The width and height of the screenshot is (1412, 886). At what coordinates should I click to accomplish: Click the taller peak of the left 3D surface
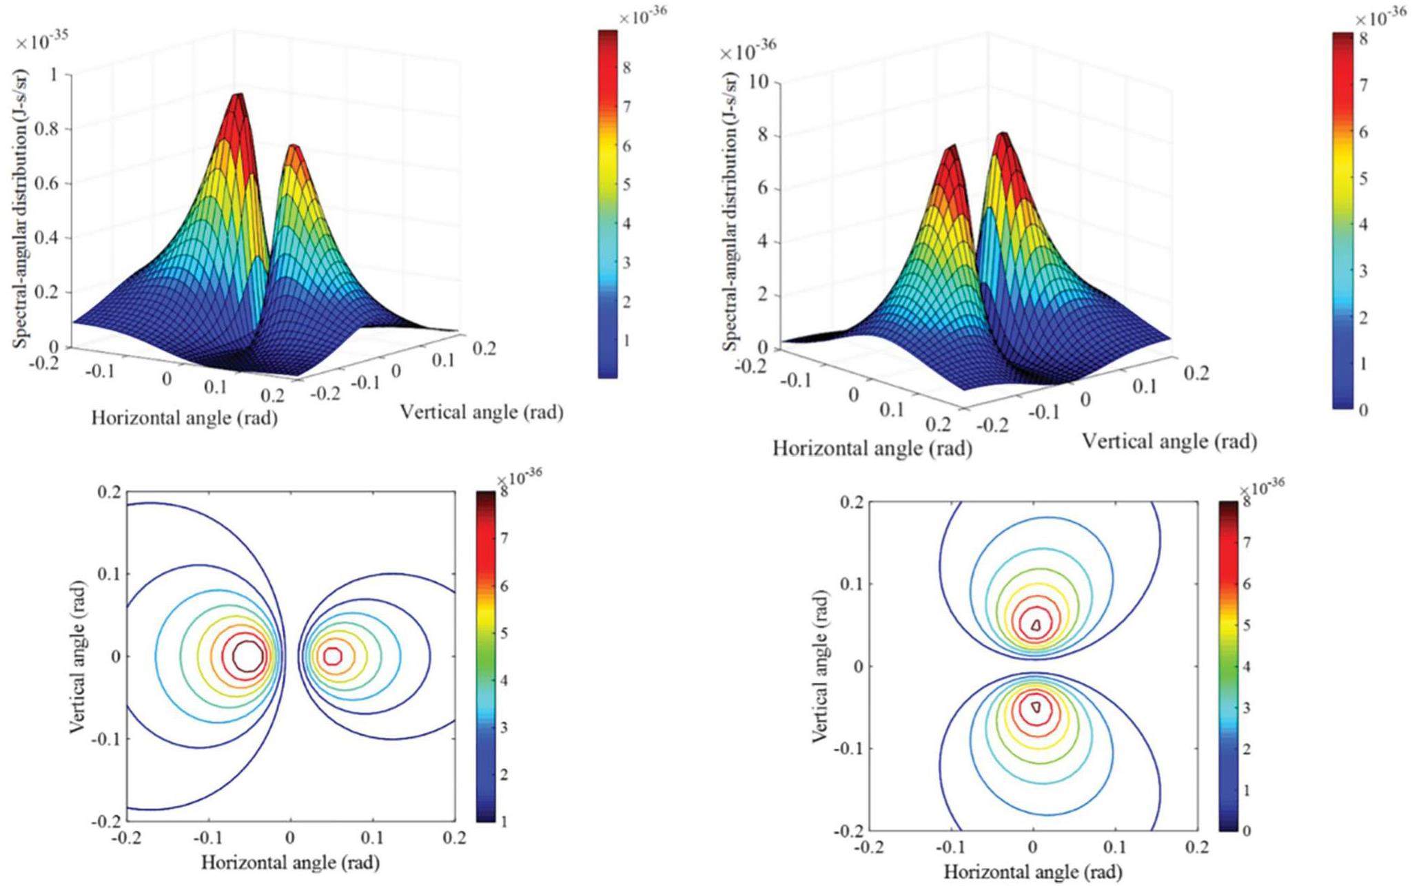238,96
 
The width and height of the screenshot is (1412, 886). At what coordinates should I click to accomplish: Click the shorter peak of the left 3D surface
294,147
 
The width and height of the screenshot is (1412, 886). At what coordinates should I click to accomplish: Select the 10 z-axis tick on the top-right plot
758,82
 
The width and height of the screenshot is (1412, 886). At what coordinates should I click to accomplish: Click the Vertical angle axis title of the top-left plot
482,413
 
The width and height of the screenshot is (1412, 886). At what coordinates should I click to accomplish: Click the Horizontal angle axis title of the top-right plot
872,449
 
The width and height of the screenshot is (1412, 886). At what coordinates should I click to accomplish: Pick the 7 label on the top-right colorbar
1364,85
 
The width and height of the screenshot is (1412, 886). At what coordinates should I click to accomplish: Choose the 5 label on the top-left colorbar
626,185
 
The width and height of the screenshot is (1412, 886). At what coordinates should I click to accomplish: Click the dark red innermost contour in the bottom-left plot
247,656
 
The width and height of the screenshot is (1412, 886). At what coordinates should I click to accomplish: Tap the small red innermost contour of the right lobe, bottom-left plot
333,656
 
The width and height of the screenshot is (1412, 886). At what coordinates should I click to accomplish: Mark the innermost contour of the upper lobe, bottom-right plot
1035,625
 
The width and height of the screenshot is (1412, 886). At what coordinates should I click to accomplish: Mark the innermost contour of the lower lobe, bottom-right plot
1035,707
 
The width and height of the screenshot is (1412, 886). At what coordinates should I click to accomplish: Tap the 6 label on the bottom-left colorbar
504,586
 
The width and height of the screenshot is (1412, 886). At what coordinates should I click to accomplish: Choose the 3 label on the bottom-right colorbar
1246,708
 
